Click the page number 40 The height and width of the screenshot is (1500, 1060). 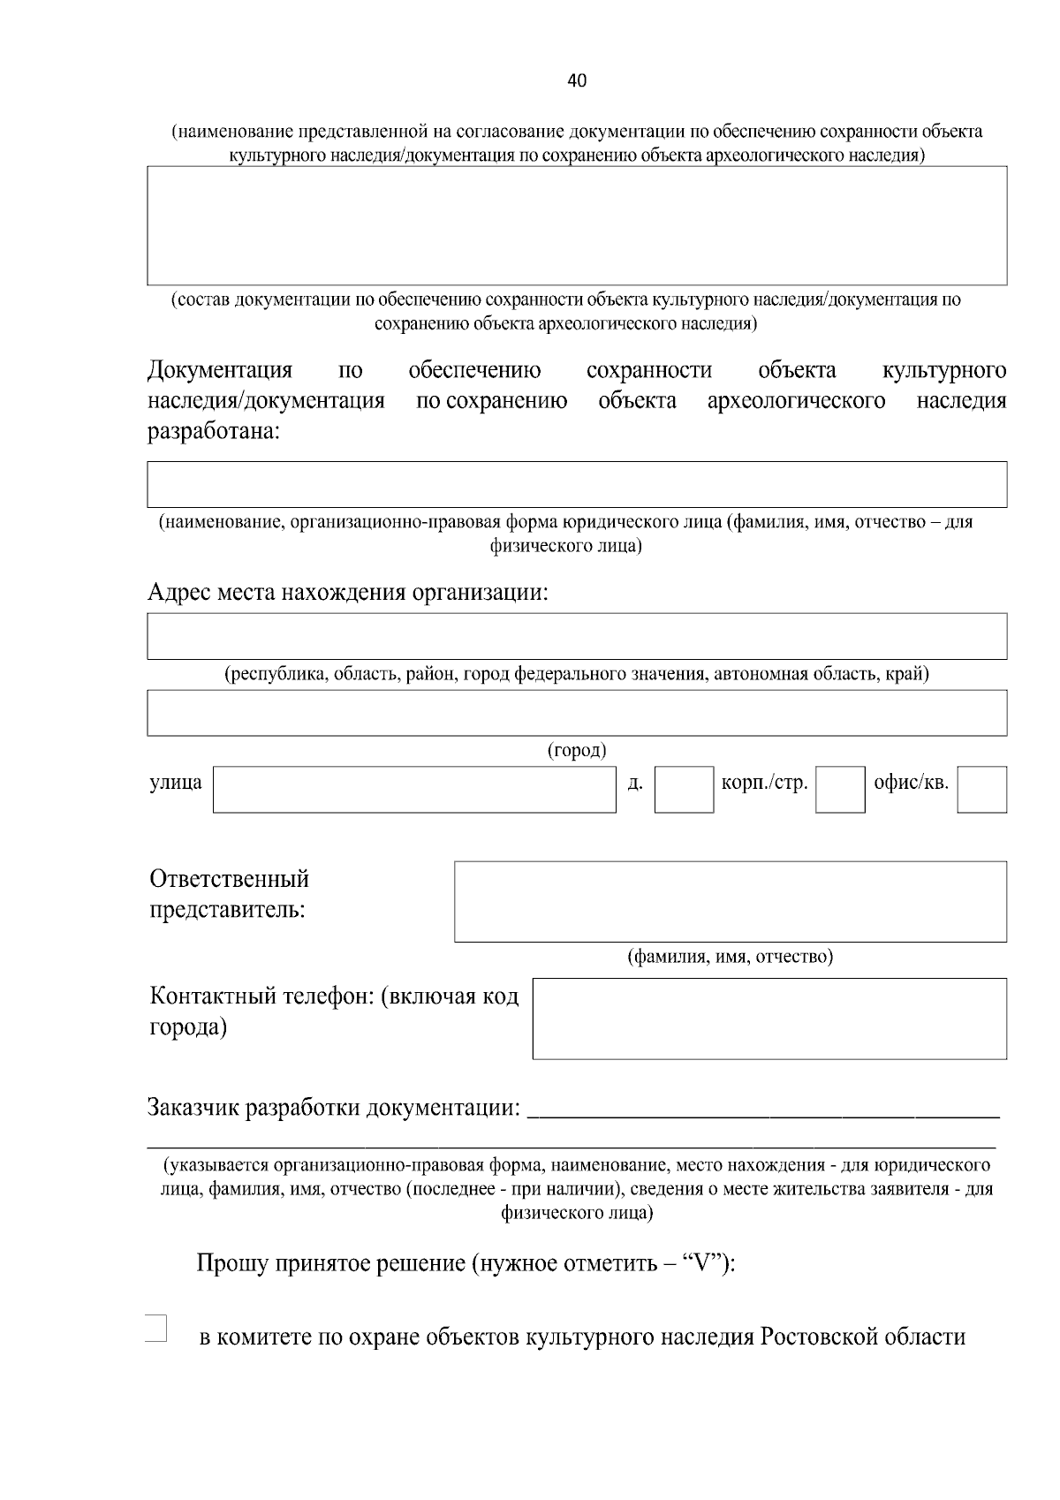(x=577, y=81)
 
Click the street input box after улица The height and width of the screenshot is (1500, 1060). (x=414, y=789)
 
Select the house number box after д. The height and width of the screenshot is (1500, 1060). (x=684, y=789)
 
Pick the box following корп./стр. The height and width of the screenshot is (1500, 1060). (x=839, y=789)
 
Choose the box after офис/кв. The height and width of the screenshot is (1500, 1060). (x=981, y=789)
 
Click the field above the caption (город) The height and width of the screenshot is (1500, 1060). (x=577, y=713)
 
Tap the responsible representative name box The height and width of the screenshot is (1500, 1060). (x=730, y=901)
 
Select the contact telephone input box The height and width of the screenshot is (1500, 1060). (x=768, y=1018)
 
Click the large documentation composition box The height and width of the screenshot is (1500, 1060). (x=577, y=225)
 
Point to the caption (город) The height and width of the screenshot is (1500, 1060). (x=577, y=751)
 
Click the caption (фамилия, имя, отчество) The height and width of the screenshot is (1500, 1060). (x=730, y=957)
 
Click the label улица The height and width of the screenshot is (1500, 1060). (x=176, y=783)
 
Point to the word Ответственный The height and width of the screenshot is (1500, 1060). (x=230, y=880)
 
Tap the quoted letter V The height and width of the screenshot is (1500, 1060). (x=703, y=1264)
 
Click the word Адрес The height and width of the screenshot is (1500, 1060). (x=179, y=591)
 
